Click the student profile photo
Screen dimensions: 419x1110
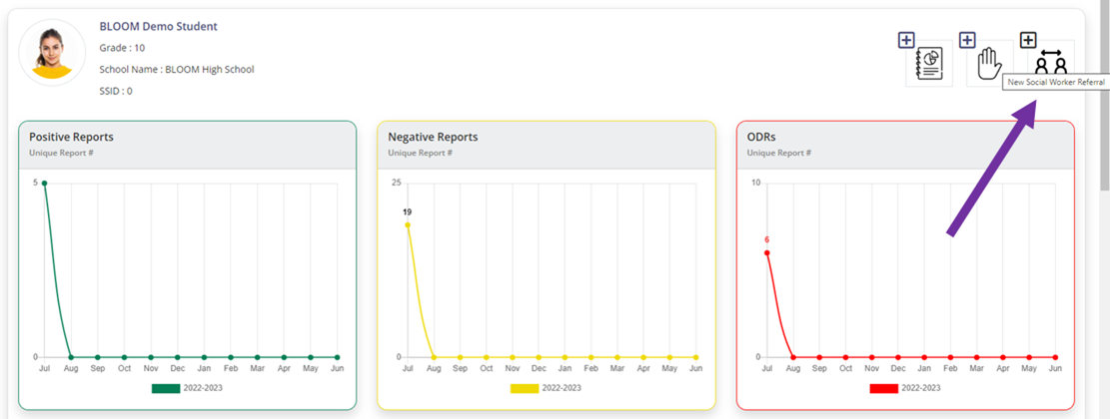coord(52,52)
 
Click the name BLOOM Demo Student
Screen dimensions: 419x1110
coord(158,26)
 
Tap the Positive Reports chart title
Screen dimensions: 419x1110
coord(71,137)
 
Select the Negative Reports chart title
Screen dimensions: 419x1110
coord(433,137)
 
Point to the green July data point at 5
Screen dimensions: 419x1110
coord(44,183)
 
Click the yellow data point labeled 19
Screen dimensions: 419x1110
coord(407,225)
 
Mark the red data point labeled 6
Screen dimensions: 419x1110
coord(766,252)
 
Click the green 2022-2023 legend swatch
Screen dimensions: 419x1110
coord(165,388)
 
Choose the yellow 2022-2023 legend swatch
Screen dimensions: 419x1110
coord(525,388)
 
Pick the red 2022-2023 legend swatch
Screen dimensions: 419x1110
coord(883,388)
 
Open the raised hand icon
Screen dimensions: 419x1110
coord(988,63)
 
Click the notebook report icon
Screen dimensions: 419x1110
coord(929,64)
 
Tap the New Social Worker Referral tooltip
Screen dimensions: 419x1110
coord(1055,82)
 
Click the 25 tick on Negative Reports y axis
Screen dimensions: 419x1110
coord(396,183)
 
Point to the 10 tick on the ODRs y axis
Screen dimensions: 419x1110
coord(755,183)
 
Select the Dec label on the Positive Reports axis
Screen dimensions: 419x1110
coord(177,369)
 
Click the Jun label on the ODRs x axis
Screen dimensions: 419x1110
coord(1055,369)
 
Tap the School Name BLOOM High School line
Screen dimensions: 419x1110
coord(176,70)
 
